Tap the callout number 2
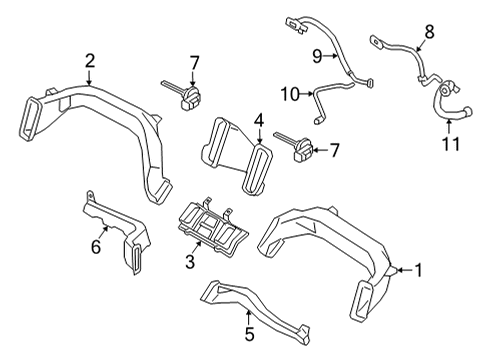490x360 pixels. [x=90, y=62]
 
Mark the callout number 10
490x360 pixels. [x=289, y=95]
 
